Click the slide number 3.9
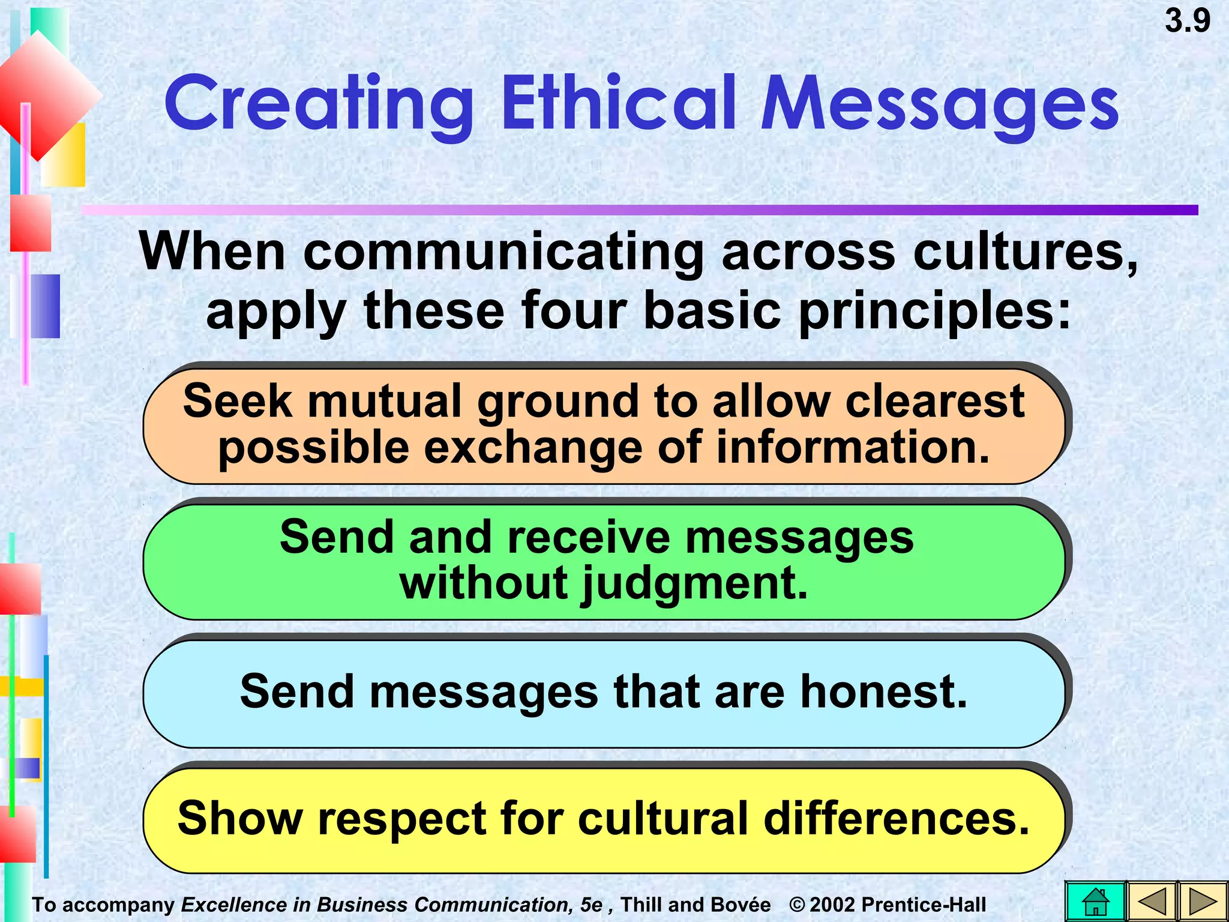click(1187, 22)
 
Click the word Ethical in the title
click(618, 103)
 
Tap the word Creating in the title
click(319, 103)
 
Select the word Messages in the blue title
click(939, 103)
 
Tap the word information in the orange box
click(853, 448)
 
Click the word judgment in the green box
click(696, 583)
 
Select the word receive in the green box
click(589, 537)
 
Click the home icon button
click(1095, 902)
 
